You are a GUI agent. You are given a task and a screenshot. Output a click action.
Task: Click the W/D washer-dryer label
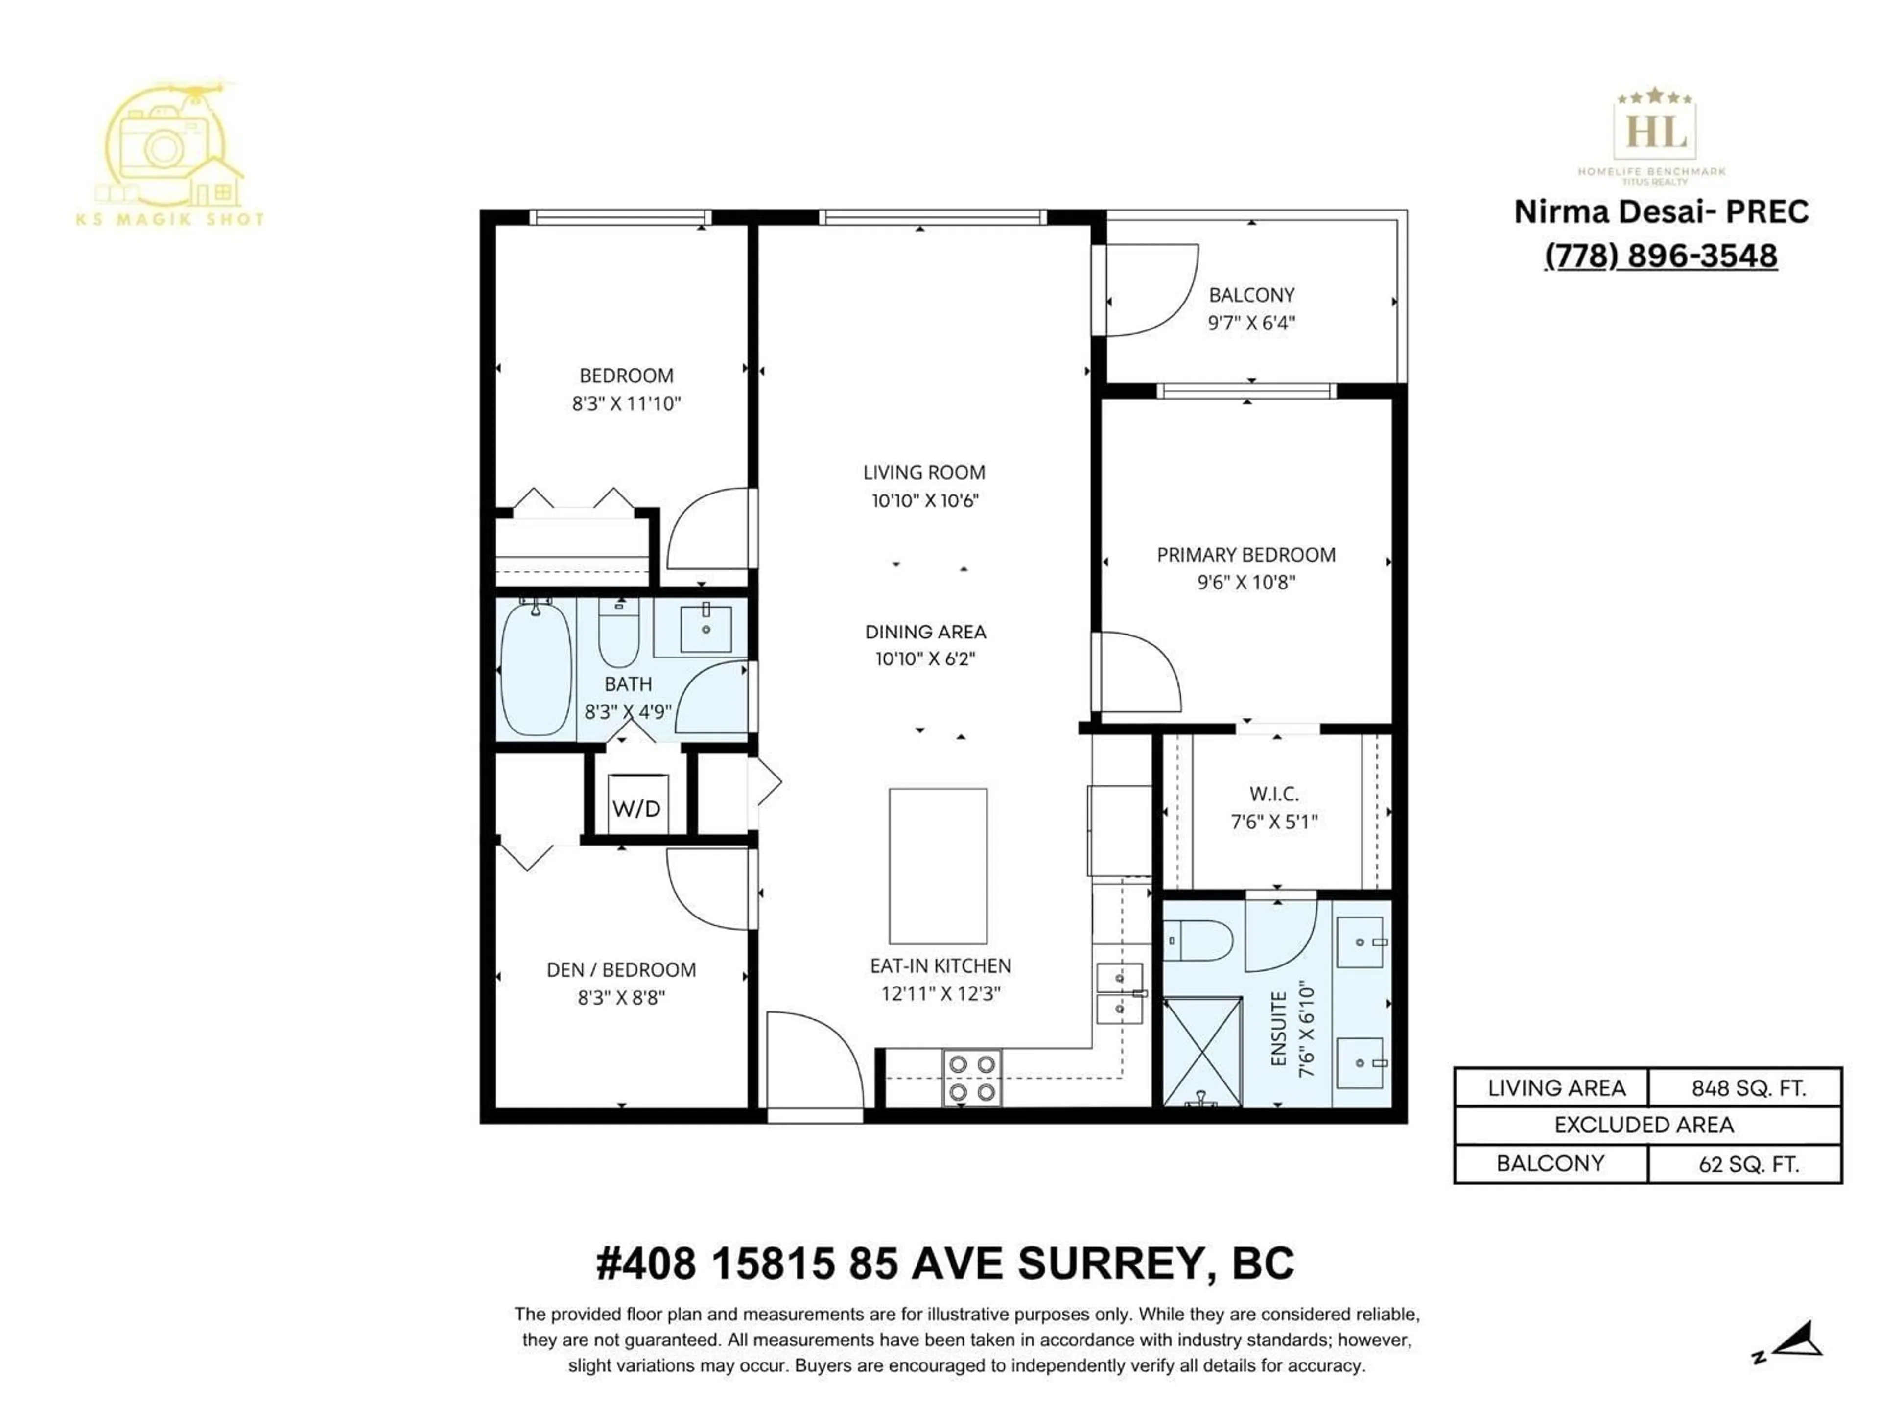tap(636, 808)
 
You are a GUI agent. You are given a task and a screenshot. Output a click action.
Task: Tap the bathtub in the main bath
tap(536, 669)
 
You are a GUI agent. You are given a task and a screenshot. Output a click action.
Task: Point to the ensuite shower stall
tap(1202, 1051)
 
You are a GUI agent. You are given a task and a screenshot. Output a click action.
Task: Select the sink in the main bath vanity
tap(705, 629)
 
